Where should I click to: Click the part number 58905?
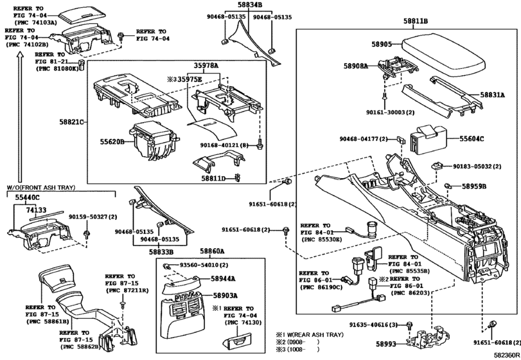coord(382,44)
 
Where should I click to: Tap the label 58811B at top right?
coord(416,21)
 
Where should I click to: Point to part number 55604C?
coord(472,138)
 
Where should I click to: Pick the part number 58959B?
coord(474,186)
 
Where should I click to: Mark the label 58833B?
coord(163,253)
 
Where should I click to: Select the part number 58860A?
coord(211,252)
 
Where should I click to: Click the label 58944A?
coord(224,279)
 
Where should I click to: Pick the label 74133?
coord(36,210)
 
